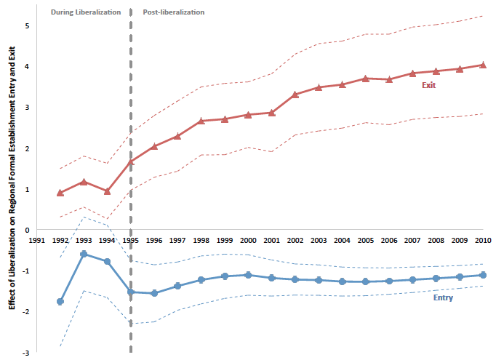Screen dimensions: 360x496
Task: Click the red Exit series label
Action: pos(430,86)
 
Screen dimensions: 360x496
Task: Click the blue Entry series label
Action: pos(443,298)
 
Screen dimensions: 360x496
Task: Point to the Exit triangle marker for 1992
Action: pos(60,193)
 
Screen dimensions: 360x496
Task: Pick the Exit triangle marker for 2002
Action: pos(295,95)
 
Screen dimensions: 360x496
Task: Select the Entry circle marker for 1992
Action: pos(60,301)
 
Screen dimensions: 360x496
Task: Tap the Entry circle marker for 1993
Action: pos(84,254)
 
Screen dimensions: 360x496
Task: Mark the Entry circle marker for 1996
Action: pos(154,293)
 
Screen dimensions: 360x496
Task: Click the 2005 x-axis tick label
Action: pos(366,241)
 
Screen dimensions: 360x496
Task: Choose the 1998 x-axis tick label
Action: pos(201,241)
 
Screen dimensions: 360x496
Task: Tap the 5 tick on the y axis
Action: pos(26,26)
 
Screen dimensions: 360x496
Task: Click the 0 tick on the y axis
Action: pos(26,231)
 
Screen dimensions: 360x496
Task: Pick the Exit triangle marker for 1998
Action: pos(201,121)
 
